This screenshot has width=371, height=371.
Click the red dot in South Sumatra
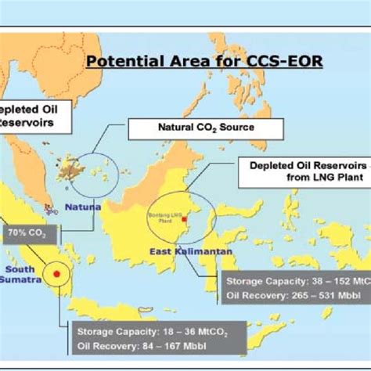pyautogui.click(x=56, y=275)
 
